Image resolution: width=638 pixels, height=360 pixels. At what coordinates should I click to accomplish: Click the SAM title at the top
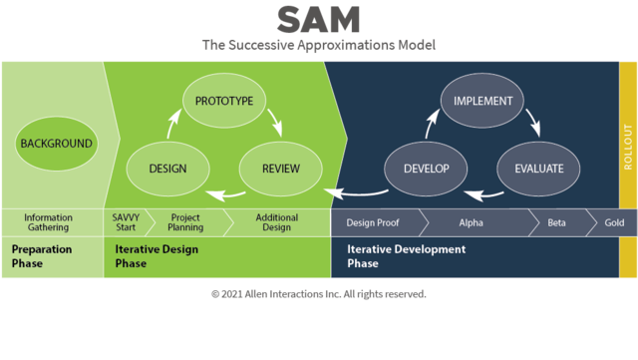319,19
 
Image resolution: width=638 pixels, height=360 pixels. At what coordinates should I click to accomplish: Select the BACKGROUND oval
56,143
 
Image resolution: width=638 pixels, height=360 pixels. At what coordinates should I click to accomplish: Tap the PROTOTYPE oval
224,101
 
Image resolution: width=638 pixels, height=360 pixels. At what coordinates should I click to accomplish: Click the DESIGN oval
168,169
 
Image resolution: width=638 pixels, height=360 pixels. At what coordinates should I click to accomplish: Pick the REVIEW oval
281,169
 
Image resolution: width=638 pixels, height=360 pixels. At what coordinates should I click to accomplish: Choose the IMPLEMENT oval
482,101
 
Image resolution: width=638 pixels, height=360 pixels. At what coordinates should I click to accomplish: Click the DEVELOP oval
427,169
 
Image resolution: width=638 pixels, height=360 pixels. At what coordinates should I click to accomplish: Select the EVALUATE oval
538,169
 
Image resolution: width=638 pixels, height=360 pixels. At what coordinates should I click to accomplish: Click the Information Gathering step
49,222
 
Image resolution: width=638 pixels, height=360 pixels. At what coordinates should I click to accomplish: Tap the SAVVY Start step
126,222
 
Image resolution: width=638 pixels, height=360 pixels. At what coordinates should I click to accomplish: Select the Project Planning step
185,222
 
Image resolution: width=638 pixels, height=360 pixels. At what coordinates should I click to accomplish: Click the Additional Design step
276,222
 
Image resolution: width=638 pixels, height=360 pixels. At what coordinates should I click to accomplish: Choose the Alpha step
470,222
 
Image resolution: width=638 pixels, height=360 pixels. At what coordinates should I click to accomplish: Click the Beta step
556,222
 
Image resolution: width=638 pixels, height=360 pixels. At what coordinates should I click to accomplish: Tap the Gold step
614,222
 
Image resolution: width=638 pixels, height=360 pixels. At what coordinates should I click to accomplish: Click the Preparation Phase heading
40,256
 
